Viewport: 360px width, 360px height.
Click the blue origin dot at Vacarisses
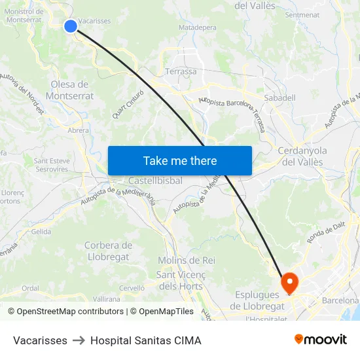click(x=70, y=26)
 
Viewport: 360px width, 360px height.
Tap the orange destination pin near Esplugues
click(x=289, y=283)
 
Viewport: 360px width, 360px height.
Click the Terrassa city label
click(x=181, y=71)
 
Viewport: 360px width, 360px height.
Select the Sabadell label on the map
click(x=279, y=98)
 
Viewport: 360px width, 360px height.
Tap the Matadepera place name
click(x=197, y=28)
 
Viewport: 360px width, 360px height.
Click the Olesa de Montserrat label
click(x=72, y=90)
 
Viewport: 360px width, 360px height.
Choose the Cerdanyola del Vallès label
click(x=302, y=156)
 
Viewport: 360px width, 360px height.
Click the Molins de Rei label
click(x=187, y=260)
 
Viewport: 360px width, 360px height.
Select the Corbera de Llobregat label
click(x=108, y=251)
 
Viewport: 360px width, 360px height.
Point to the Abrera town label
click(x=78, y=130)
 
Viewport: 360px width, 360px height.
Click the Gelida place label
click(x=41, y=232)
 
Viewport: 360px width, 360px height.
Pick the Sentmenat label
click(x=302, y=14)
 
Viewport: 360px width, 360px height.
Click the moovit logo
click(x=320, y=340)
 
